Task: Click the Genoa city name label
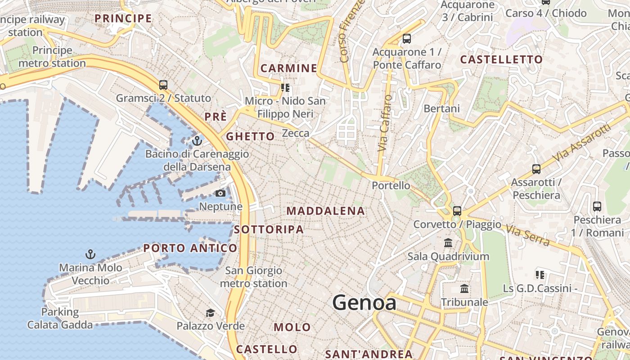(364, 303)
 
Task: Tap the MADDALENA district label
(326, 211)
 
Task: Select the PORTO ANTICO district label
(190, 248)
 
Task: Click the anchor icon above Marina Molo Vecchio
(90, 255)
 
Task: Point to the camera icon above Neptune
(220, 193)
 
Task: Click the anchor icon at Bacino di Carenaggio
(197, 141)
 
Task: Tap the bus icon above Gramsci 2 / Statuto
(163, 85)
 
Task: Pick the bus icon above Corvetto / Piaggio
(457, 211)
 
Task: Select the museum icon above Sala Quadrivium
(448, 243)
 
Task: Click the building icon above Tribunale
(464, 288)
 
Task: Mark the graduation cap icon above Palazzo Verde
(210, 313)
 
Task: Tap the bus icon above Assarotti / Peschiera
(536, 169)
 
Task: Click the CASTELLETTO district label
(501, 59)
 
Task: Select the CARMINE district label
(289, 68)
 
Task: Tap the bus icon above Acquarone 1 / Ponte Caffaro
(407, 39)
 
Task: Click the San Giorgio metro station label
(253, 277)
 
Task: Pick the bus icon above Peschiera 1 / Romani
(597, 207)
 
